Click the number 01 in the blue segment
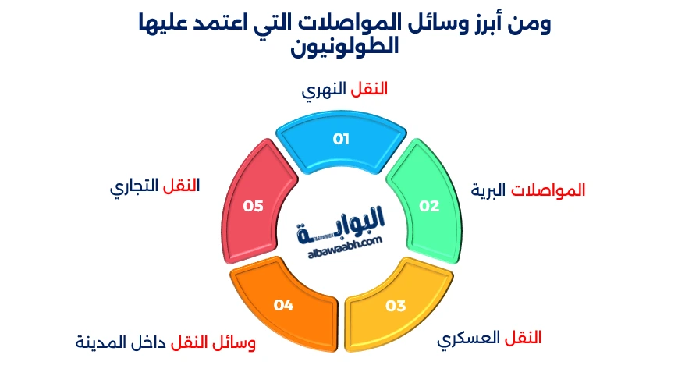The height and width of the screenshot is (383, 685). tap(341, 139)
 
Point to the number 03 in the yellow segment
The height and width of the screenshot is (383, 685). tap(396, 305)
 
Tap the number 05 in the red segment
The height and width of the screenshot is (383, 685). tap(253, 206)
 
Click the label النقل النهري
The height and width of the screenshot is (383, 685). tap(344, 89)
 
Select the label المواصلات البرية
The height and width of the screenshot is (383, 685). tap(528, 190)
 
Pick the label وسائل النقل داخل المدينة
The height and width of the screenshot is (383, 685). tap(165, 342)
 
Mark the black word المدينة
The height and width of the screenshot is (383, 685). tap(102, 342)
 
